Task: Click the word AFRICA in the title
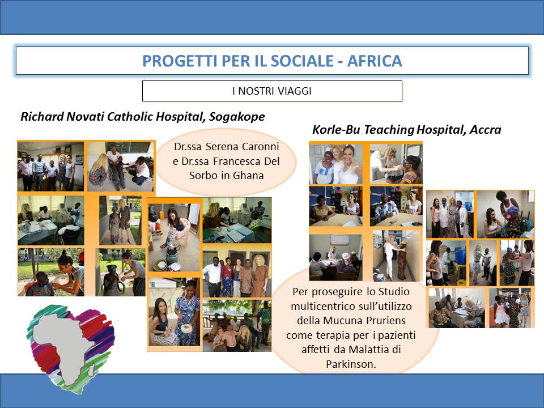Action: (x=375, y=61)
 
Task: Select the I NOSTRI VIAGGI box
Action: (x=272, y=91)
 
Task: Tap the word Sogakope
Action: (x=237, y=117)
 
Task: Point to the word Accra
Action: (x=486, y=130)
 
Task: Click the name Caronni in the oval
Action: (x=260, y=146)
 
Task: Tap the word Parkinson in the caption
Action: (x=351, y=364)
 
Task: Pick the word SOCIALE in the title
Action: (x=302, y=61)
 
